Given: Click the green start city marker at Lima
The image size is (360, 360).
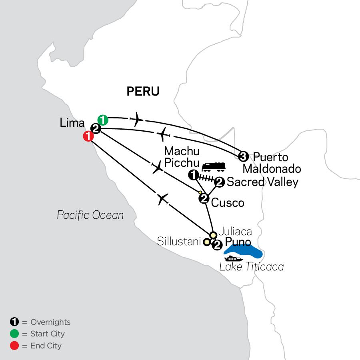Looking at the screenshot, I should coord(103,119).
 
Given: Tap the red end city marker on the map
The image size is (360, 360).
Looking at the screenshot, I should coord(88,136).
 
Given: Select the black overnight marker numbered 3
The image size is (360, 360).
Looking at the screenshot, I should coord(243,156).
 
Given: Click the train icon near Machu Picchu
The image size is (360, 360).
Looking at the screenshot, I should coord(214,166).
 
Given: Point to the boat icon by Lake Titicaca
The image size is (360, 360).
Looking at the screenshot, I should coord(234,259).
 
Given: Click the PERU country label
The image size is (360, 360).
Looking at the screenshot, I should coord(143,92).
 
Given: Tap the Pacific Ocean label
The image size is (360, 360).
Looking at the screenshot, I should coord(90,215).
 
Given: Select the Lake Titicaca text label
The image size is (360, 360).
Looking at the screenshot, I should coord(251,267).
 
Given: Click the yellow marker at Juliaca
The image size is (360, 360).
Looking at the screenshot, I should coord(213,235).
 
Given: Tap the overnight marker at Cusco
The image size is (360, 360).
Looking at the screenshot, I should coord(204,198).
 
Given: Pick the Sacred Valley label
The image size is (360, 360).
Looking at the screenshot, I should coord(262,182).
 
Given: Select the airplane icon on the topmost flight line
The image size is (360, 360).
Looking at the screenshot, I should coord(136,119).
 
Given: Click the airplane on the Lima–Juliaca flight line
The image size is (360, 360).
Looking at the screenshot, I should coord(162,199).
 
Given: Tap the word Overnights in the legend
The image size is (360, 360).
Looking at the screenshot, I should coord(50,322).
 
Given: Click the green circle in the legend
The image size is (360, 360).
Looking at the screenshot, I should coord(14,334).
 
